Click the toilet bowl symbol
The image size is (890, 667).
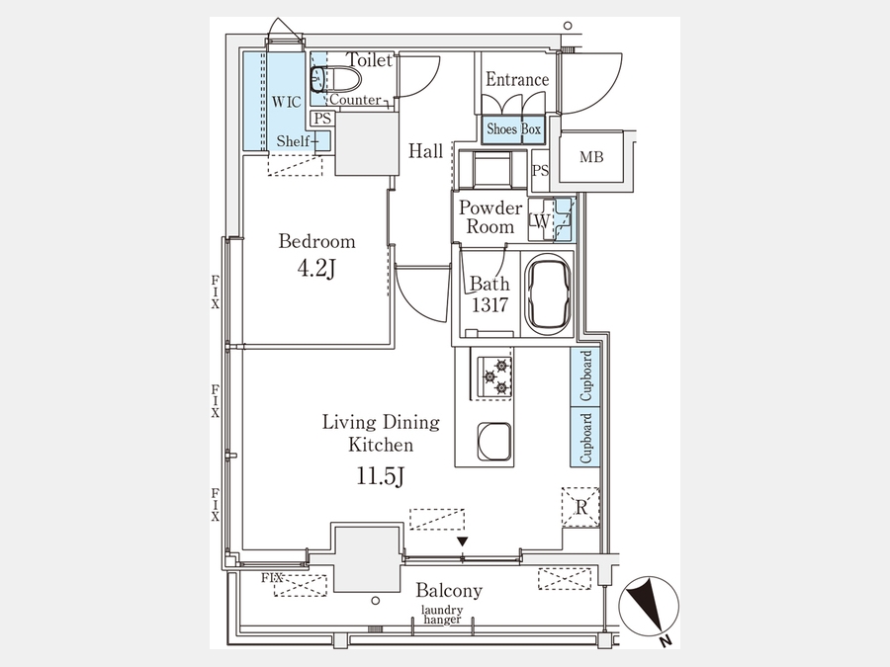point(336,79)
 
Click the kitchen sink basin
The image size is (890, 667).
point(493,442)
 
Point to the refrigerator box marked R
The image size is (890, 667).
point(580,507)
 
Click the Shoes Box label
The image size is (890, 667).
point(513,128)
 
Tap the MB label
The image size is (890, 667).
point(591,157)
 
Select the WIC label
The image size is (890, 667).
point(286,102)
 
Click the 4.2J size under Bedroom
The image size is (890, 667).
point(316,268)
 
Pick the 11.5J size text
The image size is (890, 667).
point(381,475)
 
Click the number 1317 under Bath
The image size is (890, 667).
point(489,305)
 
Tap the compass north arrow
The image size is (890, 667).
point(649,606)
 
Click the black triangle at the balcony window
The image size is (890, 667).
point(463,542)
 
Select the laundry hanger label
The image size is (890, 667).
point(442,615)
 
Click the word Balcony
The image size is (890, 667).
point(449,591)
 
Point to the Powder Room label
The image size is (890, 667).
point(490,217)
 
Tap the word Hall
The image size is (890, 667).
point(425,151)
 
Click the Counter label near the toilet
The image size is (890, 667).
point(355,100)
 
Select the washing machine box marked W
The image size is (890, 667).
point(541,219)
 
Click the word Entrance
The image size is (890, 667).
point(517,79)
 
